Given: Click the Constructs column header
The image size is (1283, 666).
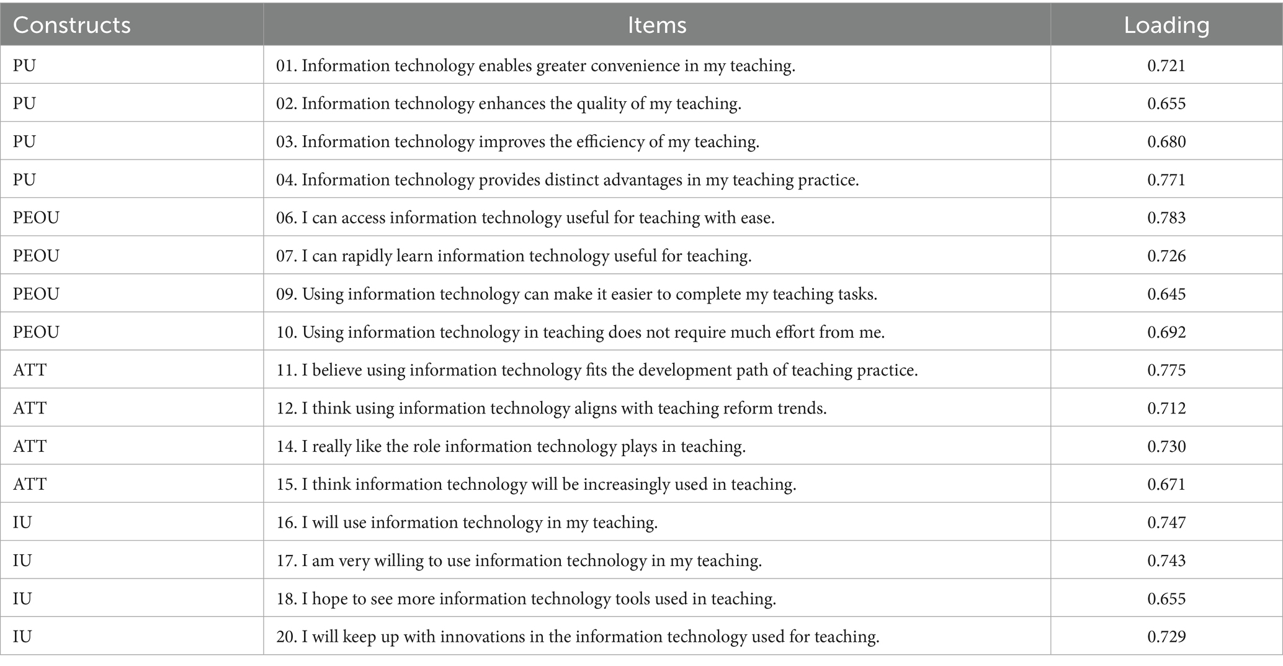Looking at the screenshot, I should click(x=72, y=25).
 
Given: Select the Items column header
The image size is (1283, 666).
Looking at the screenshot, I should click(x=656, y=25).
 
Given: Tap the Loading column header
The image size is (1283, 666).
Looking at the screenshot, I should click(x=1166, y=25).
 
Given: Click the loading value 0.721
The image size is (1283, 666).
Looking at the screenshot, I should click(x=1166, y=65).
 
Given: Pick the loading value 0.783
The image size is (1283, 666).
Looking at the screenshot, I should click(x=1166, y=217).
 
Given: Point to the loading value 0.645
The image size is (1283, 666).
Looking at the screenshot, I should click(x=1166, y=294).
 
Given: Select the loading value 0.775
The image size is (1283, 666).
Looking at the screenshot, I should click(x=1166, y=370).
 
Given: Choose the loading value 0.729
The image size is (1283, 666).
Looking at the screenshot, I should click(x=1166, y=636).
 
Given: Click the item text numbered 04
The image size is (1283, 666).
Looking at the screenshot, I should click(x=567, y=180).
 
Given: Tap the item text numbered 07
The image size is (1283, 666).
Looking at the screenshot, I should click(x=514, y=256).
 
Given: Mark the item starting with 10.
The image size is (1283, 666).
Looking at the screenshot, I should click(x=580, y=332).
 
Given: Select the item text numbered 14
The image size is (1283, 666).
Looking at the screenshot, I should click(x=511, y=446).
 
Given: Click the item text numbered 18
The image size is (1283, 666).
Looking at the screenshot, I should click(x=526, y=598).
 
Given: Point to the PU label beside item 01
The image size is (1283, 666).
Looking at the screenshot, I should click(x=24, y=65).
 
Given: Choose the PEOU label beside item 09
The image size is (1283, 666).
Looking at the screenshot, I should click(x=36, y=294).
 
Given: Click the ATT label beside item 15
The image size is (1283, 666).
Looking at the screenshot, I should click(x=30, y=484).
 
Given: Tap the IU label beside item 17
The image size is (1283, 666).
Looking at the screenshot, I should click(x=22, y=560).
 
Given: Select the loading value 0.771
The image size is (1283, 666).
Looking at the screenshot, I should click(x=1166, y=180).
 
